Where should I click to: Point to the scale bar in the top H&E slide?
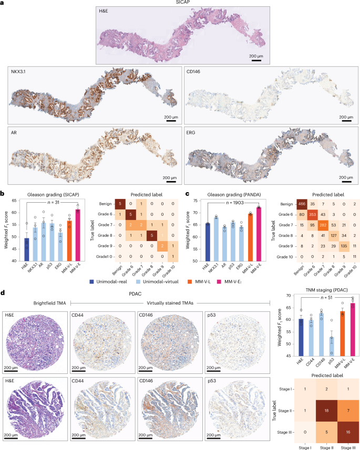256,59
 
